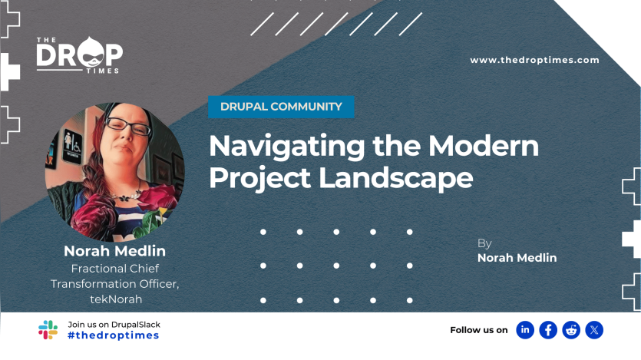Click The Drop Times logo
[79, 55]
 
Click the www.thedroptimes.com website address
[534, 60]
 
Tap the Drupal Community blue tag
[281, 107]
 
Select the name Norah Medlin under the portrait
[114, 251]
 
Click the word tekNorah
[116, 299]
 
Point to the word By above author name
[484, 243]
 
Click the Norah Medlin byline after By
[517, 258]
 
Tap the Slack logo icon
[48, 330]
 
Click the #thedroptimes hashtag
[113, 335]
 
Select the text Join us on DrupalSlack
[114, 324]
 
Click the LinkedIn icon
[525, 330]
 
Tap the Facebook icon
[548, 330]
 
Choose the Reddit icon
[571, 330]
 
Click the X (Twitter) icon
[594, 330]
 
